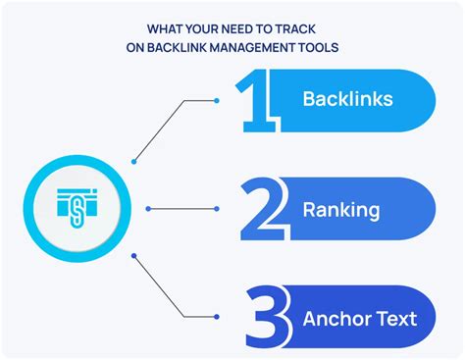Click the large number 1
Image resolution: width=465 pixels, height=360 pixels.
click(x=258, y=100)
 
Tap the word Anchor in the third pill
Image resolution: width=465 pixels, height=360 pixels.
click(x=336, y=318)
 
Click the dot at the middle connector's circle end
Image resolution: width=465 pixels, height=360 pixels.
click(x=146, y=208)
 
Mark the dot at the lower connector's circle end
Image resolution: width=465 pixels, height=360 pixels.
click(x=133, y=256)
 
